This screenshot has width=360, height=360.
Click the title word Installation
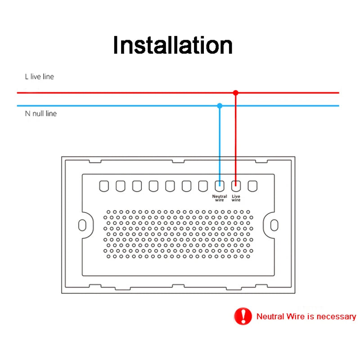(x=173, y=45)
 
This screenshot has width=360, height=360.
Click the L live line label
(x=39, y=77)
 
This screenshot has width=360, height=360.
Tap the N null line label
(x=40, y=113)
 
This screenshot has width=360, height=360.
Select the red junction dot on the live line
(x=235, y=93)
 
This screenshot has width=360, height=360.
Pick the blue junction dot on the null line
(x=220, y=106)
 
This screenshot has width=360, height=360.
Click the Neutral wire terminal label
(x=220, y=198)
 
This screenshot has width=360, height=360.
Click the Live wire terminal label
(x=236, y=198)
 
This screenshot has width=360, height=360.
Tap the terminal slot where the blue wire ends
(x=220, y=185)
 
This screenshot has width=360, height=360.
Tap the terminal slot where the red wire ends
(x=236, y=185)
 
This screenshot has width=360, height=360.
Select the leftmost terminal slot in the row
(x=104, y=185)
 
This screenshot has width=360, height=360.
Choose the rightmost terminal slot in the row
(x=252, y=185)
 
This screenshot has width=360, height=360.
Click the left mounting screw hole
(x=82, y=225)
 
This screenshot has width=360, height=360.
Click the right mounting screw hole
(x=274, y=225)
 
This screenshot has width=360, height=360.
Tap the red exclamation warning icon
(x=243, y=316)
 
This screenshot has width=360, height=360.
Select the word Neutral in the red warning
(x=270, y=316)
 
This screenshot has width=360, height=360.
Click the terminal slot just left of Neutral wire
(x=203, y=185)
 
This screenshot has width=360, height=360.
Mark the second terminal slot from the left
(x=121, y=185)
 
